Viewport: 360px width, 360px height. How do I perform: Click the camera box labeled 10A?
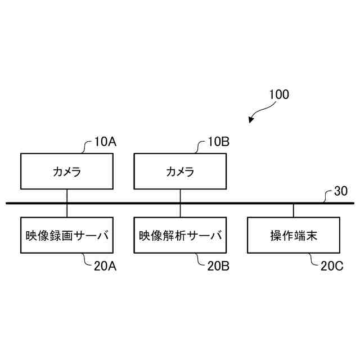pyautogui.click(x=67, y=171)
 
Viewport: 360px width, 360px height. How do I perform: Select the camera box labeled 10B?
pyautogui.click(x=180, y=171)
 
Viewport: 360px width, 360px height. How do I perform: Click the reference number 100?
pyautogui.click(x=278, y=94)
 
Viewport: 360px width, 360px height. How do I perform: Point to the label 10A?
pyautogui.click(x=105, y=142)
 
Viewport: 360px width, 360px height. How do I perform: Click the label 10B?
pyautogui.click(x=218, y=142)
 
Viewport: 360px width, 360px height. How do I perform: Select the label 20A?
pyautogui.click(x=105, y=266)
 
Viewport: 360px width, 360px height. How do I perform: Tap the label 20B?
pyautogui.click(x=218, y=266)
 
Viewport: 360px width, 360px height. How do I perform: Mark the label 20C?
pyautogui.click(x=332, y=266)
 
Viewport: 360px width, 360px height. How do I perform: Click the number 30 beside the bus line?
pyautogui.click(x=341, y=191)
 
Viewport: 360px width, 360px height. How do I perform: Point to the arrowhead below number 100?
pyautogui.click(x=251, y=120)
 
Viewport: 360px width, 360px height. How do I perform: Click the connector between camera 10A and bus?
pyautogui.click(x=67, y=196)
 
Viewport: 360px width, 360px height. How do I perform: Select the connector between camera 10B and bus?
pyautogui.click(x=180, y=196)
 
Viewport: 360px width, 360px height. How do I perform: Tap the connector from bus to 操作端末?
pyautogui.click(x=293, y=210)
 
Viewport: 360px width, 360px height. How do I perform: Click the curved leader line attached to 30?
pyautogui.click(x=327, y=196)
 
